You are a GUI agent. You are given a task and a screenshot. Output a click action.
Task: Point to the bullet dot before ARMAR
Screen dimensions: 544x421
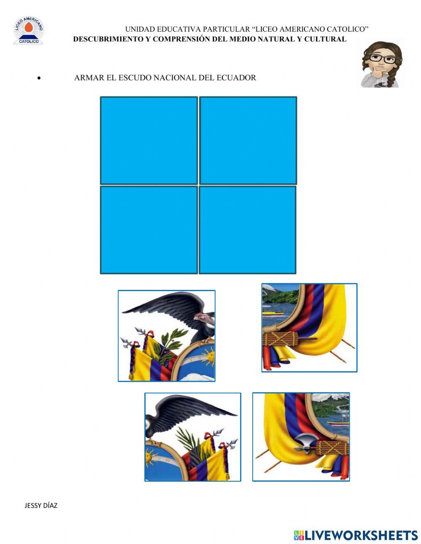coord(39,78)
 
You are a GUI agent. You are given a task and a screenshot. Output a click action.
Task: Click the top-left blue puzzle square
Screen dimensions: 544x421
coord(149,140)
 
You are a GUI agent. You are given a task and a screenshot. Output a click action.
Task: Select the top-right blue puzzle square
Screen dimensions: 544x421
coord(248,140)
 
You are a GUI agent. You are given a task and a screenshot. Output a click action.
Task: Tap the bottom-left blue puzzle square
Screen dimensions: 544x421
coord(149,230)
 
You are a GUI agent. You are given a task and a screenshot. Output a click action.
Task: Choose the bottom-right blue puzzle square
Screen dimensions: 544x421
coord(248,230)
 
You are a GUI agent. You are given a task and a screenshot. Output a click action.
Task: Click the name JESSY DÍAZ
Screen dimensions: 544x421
coord(41,505)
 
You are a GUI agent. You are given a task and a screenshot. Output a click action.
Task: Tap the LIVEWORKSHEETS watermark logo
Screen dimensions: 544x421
coord(356,535)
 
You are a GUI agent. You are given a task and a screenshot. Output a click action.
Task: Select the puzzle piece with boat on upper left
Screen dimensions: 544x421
coord(309,327)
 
